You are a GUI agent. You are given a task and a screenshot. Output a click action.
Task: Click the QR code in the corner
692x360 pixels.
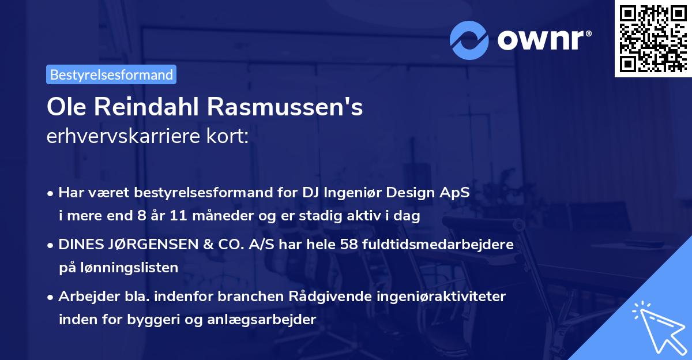click(x=653, y=38)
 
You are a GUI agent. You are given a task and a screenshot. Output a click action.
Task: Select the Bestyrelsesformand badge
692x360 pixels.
click(x=111, y=74)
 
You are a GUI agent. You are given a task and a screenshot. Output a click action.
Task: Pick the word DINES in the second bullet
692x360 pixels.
click(x=79, y=245)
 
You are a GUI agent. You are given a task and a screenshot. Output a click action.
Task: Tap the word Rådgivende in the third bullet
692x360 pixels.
click(x=335, y=297)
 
